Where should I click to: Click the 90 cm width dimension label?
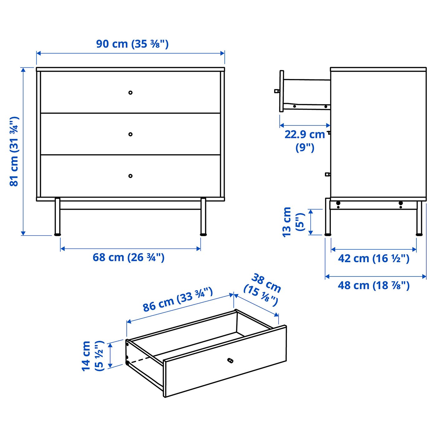click(132, 44)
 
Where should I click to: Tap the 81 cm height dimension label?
click(14, 151)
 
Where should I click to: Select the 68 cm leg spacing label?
click(128, 258)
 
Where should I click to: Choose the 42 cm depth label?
click(373, 258)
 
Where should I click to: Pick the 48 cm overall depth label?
click(373, 285)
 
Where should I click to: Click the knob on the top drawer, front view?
click(130, 93)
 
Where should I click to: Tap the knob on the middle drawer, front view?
click(130, 134)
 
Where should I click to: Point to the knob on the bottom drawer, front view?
click(130, 176)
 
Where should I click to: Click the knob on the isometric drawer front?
click(230, 361)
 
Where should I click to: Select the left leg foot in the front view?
click(57, 233)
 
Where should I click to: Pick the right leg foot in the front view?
click(203, 233)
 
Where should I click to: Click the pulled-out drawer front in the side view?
click(282, 91)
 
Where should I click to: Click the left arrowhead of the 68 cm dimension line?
click(62, 249)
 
